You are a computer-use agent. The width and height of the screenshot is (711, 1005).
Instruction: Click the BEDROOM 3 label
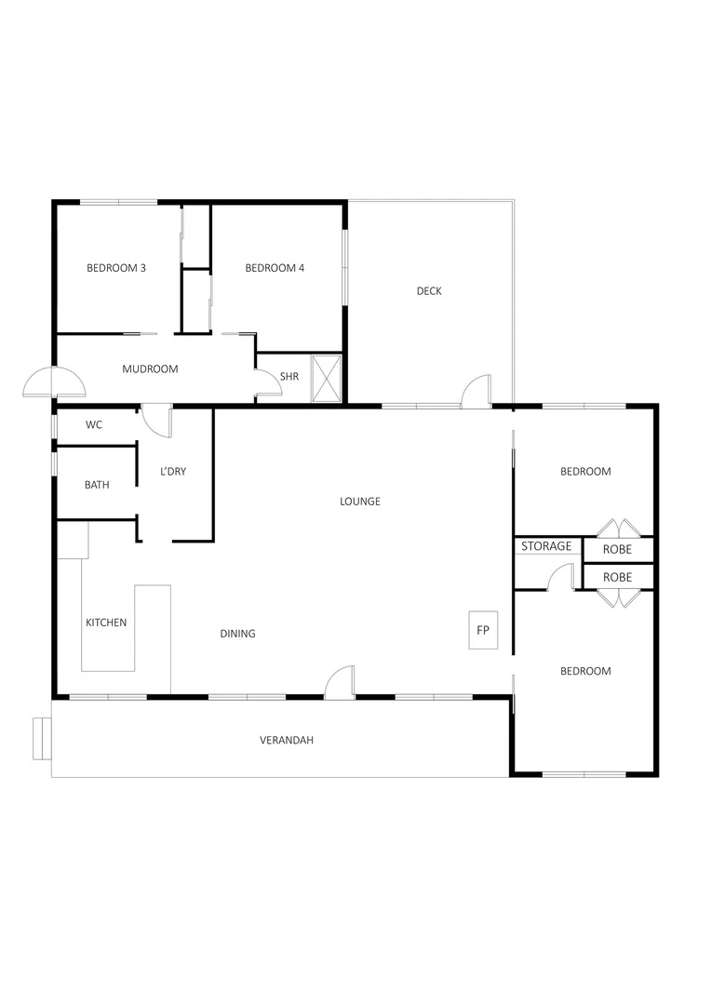[116, 268]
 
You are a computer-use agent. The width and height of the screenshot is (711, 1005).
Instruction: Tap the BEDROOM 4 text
[275, 268]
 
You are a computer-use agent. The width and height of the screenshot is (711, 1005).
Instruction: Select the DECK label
[429, 291]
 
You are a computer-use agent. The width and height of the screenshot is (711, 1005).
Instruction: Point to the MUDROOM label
[150, 369]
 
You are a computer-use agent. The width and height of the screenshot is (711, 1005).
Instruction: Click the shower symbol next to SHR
[327, 378]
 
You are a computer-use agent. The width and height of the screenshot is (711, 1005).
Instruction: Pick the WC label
[94, 425]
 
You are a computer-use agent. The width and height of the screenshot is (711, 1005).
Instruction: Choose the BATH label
[97, 485]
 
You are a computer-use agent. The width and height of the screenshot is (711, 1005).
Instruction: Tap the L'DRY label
[173, 472]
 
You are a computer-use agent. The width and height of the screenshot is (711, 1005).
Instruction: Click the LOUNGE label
[360, 502]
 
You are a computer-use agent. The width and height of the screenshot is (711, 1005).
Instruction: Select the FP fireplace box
[483, 631]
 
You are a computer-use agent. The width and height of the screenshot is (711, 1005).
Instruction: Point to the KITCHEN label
[106, 623]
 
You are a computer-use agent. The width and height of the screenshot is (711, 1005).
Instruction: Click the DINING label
[237, 634]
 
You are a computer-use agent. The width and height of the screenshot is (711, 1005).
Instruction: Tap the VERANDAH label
[286, 741]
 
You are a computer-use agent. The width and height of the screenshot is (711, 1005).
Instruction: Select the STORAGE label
[546, 546]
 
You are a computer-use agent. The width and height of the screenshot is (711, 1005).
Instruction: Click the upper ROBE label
[617, 550]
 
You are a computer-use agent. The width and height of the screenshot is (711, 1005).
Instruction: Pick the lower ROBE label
[617, 577]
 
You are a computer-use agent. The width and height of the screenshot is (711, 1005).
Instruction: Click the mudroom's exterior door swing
[54, 382]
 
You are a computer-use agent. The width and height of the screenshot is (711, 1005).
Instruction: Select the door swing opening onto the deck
[476, 392]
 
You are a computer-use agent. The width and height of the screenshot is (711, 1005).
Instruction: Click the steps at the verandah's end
[41, 739]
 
